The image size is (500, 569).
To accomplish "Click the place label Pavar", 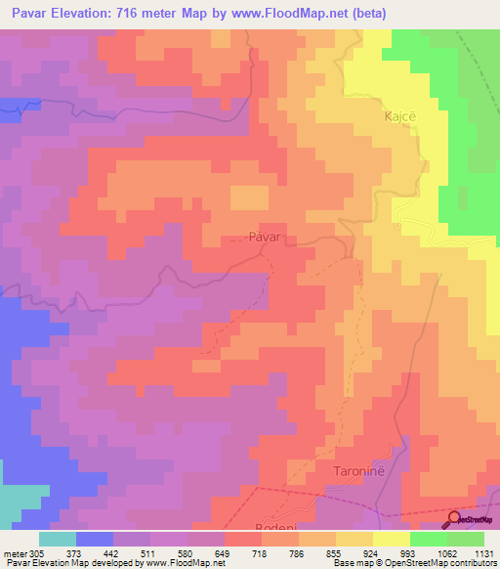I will point(265,237).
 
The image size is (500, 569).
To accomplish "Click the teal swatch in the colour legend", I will point(58,539).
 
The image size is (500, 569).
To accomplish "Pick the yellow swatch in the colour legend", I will point(392,539).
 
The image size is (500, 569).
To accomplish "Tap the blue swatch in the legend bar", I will point(95,539).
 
